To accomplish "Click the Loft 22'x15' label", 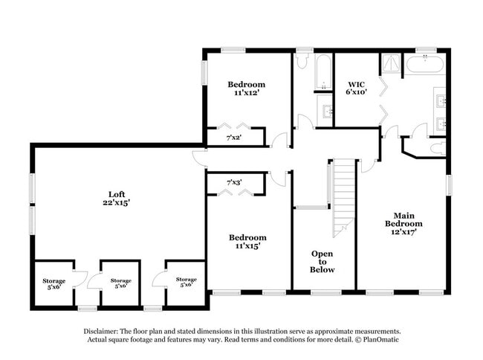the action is tap(117, 199).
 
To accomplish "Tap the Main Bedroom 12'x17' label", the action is tap(403, 223).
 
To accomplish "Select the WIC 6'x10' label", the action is tap(356, 88).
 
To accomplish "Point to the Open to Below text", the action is tap(322, 262).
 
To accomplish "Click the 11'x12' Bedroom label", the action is tap(246, 89).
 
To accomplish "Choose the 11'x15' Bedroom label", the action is tap(247, 242).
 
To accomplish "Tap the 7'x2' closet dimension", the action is tap(233, 138).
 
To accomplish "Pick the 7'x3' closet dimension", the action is tap(234, 183).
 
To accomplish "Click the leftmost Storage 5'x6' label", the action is tap(54, 283).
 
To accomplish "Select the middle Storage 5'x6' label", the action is tap(120, 283).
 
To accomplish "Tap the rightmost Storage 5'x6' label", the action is tap(186, 282).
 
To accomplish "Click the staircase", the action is tap(343, 197).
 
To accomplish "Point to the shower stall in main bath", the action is tap(391, 64).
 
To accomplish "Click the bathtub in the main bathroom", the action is tap(425, 63).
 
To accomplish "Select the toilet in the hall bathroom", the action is tap(302, 61).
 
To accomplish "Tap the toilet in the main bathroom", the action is tap(438, 148).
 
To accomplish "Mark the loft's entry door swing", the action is tap(200, 159).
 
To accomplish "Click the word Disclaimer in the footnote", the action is tap(100, 332).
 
